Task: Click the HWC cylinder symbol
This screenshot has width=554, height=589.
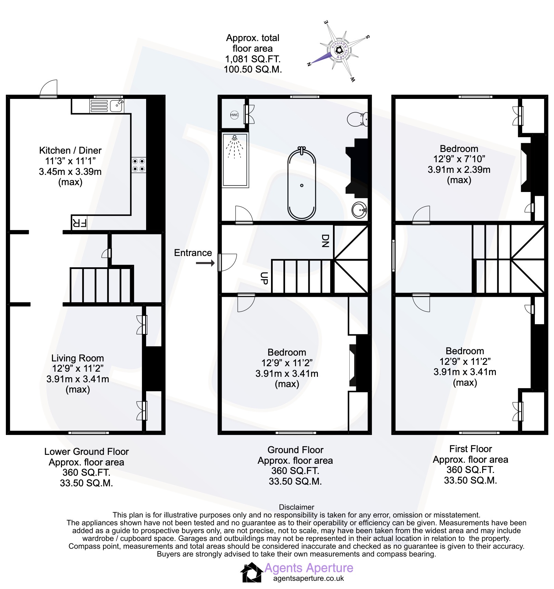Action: click(234, 115)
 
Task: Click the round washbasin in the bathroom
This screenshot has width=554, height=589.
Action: click(359, 210)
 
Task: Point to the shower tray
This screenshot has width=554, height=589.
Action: click(235, 160)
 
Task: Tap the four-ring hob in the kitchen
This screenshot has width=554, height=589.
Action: click(139, 165)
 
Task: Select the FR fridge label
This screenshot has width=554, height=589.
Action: click(79, 223)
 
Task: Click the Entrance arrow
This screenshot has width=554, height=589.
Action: click(205, 263)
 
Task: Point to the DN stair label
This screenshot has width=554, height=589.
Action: click(325, 241)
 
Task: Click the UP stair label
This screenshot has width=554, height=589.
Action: click(264, 278)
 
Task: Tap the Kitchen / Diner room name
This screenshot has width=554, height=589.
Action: click(70, 150)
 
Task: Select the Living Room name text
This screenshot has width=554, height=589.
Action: click(78, 358)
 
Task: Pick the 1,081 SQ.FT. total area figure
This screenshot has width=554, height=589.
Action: click(253, 59)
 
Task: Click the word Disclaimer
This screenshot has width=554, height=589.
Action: click(296, 507)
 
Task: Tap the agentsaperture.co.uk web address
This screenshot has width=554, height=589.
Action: click(308, 578)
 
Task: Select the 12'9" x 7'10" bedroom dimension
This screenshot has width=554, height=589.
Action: click(459, 159)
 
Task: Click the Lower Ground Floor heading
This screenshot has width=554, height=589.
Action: click(87, 451)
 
